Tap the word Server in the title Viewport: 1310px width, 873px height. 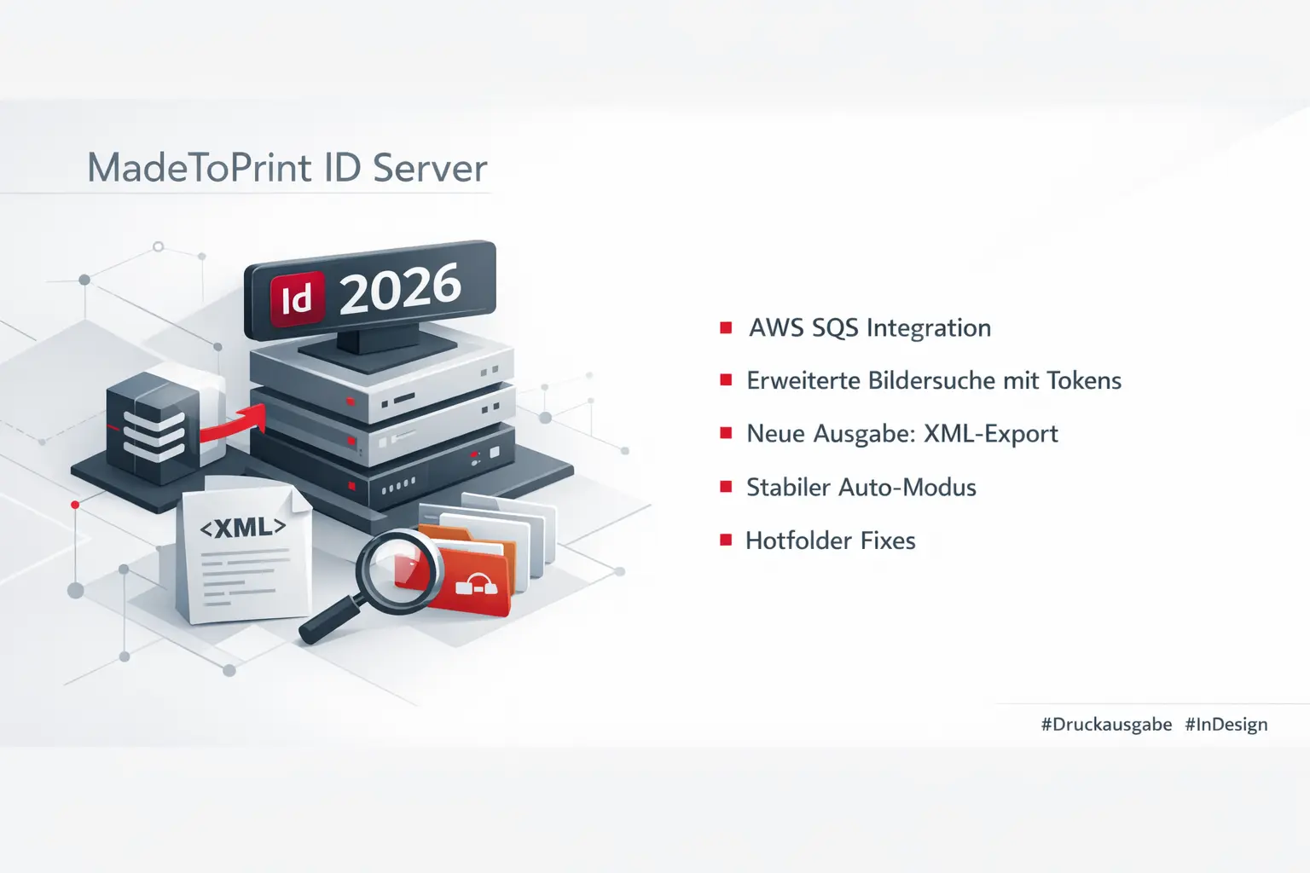(430, 168)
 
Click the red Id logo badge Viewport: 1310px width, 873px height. (297, 299)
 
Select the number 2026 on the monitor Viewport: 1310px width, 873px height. (400, 289)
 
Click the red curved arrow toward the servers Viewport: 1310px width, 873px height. (235, 424)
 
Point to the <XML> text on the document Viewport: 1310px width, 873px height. (243, 528)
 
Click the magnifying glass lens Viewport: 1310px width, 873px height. (399, 569)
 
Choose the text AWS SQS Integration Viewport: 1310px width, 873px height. (870, 328)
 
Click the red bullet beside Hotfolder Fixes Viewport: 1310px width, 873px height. (726, 540)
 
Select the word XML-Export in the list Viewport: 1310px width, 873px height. (991, 434)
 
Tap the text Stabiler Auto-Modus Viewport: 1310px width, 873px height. (861, 488)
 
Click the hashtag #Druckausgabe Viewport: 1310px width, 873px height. (1106, 725)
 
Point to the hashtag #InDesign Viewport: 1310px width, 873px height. (1226, 725)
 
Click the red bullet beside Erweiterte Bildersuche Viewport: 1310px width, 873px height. (726, 380)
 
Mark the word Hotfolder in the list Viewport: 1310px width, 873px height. (796, 541)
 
